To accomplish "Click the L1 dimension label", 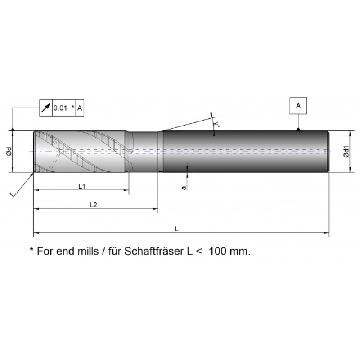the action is (82, 186).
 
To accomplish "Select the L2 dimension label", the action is (94, 205).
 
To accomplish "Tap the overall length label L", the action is (176, 229).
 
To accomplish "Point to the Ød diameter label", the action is (9, 151).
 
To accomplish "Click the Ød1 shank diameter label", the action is (346, 152).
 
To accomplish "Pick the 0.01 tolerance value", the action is (60, 108).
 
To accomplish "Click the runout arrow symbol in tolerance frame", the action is (46, 108).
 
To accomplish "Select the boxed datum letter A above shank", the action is (298, 106).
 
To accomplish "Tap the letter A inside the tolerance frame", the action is (80, 108).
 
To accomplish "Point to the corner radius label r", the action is (11, 194).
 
